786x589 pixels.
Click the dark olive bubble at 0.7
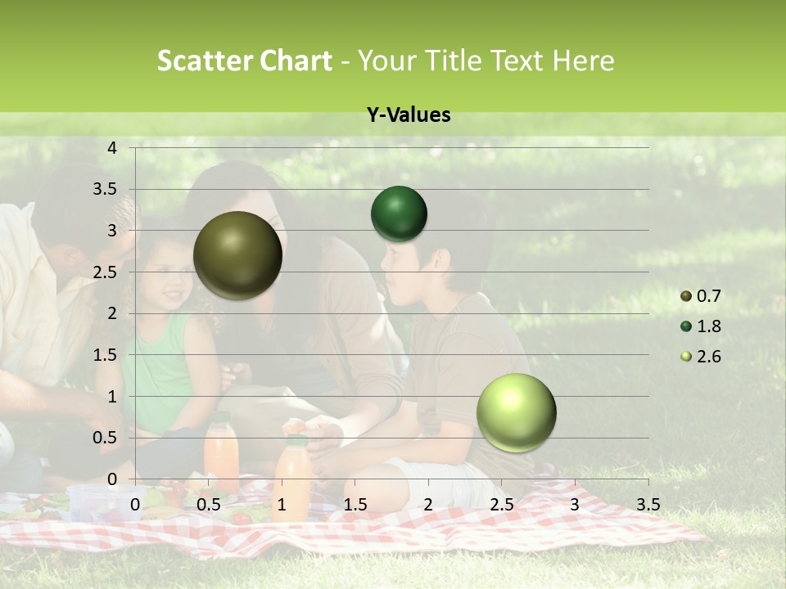pos(237,255)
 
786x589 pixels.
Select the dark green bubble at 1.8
pos(399,214)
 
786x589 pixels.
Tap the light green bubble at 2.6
pos(516,412)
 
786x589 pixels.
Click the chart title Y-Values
pos(409,115)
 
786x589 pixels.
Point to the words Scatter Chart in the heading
pos(244,61)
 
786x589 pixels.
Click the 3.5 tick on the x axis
pos(648,505)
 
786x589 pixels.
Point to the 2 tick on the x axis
pos(428,505)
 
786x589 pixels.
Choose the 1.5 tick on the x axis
pos(355,505)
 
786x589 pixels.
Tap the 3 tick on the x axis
pos(575,505)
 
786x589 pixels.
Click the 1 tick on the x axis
pos(282,505)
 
